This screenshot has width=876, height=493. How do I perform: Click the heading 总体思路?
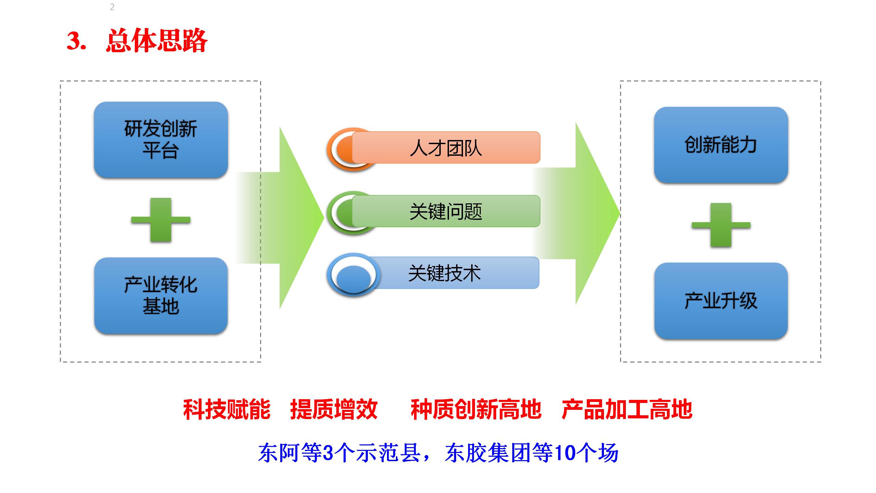157,41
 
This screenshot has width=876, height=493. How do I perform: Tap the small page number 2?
112,7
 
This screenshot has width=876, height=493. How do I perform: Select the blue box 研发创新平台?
161,140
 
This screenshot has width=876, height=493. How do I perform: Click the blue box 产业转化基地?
161,295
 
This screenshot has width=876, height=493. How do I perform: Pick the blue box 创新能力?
721,145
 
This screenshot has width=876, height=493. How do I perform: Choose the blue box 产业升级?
721,301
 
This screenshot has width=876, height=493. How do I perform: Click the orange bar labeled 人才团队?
446,148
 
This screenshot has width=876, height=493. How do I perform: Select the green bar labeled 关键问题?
446,211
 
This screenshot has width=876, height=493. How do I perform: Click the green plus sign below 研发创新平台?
161,220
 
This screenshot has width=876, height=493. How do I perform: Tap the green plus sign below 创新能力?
721,225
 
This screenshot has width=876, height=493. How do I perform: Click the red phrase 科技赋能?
227,409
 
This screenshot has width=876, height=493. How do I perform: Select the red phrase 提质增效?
334,409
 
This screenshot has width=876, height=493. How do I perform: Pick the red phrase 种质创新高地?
476,409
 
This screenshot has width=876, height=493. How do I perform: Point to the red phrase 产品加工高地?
627,409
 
